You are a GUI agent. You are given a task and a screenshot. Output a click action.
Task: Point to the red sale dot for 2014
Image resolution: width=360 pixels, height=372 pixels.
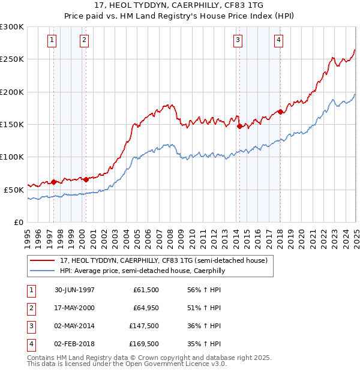pyautogui.click(x=239, y=126)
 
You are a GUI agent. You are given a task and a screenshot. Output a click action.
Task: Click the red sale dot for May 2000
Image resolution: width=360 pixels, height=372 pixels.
pyautogui.click(x=86, y=179)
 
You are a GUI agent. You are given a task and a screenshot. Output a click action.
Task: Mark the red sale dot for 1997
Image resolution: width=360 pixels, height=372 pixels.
pyautogui.click(x=54, y=182)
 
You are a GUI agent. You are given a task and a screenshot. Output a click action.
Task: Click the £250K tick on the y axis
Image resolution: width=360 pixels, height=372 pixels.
pyautogui.click(x=12, y=59)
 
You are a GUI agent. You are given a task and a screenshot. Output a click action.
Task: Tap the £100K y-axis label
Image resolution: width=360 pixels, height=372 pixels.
pyautogui.click(x=12, y=157)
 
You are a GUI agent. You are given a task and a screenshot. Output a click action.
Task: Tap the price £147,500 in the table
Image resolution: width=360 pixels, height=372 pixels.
pyautogui.click(x=144, y=325)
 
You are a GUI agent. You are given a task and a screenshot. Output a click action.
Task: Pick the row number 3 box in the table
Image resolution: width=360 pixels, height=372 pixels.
pyautogui.click(x=31, y=325)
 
